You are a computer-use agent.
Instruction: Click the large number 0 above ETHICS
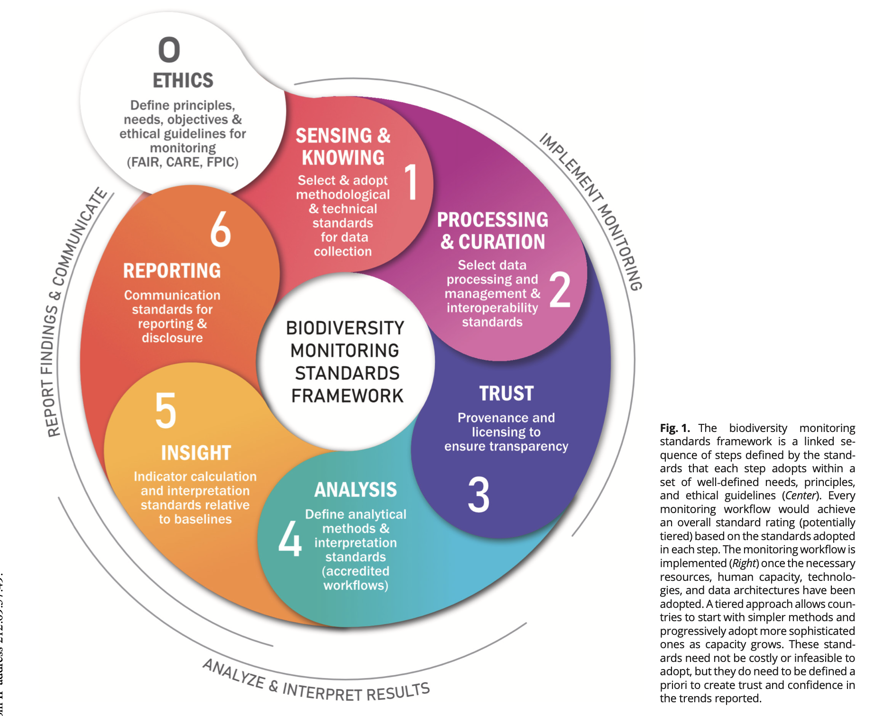[x=169, y=50]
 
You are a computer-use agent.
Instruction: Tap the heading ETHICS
[x=183, y=81]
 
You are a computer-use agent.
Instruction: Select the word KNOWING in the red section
[x=343, y=158]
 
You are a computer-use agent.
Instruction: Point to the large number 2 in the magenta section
[x=560, y=290]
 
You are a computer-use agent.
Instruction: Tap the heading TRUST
[x=506, y=394]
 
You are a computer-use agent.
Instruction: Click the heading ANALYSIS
[x=355, y=490]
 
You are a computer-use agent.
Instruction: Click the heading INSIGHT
[x=196, y=453]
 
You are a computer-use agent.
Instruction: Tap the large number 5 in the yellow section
[x=166, y=411]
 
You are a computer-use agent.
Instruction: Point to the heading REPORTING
[x=172, y=271]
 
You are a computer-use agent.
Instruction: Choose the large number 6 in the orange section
[x=221, y=229]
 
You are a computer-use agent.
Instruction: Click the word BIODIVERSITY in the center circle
[x=345, y=328]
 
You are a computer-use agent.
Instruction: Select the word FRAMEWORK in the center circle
[x=347, y=396]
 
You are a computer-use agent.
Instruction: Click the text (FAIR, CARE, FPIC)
[x=183, y=162]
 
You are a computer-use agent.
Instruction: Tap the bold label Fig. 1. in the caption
[x=674, y=428]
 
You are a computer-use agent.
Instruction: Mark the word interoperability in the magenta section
[x=492, y=308]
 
